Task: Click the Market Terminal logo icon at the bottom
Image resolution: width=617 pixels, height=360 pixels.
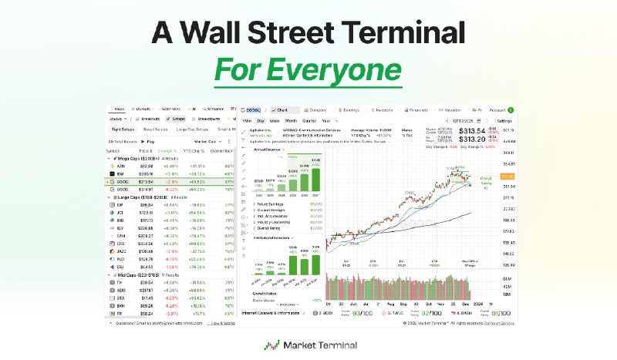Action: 272,345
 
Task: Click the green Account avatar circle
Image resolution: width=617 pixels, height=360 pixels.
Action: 511,110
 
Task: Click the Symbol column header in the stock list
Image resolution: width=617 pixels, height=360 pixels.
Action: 113,151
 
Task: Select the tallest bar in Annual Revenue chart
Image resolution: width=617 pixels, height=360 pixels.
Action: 315,179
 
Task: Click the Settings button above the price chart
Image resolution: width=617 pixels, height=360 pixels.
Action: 504,121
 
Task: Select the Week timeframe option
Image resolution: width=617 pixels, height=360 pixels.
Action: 275,121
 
